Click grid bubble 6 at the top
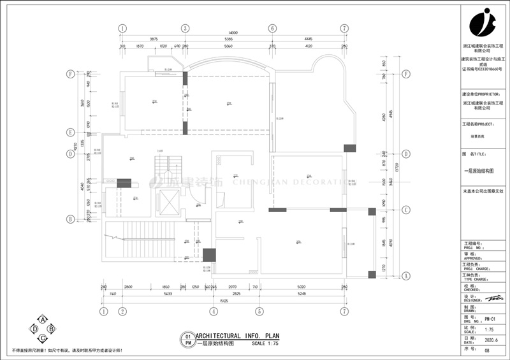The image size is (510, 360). (x=272, y=29)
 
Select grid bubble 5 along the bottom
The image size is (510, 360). (x=259, y=312)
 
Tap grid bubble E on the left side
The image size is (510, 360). (x=71, y=133)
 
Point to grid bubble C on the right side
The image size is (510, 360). (x=405, y=210)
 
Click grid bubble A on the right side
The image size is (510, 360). (x=405, y=275)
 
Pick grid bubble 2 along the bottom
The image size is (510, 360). (x=121, y=312)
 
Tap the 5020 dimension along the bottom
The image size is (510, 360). (x=302, y=288)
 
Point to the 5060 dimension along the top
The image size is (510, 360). (x=228, y=46)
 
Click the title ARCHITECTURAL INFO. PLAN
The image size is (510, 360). (x=237, y=336)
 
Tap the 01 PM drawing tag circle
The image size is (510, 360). (x=187, y=339)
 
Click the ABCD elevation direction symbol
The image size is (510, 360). (x=42, y=328)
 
